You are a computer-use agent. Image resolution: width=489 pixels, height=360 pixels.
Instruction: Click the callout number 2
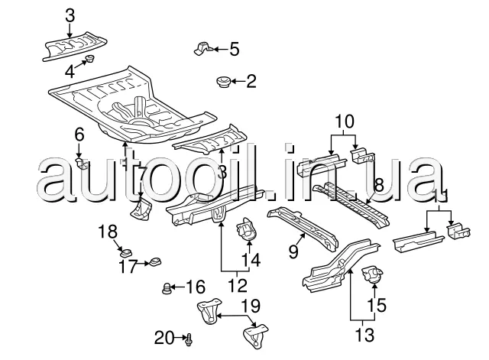[x=251, y=79]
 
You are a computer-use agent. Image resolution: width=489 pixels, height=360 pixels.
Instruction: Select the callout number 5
[x=234, y=50]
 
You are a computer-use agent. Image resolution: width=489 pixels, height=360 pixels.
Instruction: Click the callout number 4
[x=70, y=73]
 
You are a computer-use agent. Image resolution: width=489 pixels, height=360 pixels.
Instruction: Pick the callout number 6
[x=79, y=135]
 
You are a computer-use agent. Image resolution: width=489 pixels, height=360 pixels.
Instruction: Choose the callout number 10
[x=345, y=120]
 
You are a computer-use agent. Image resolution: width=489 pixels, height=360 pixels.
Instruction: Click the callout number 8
[x=377, y=185]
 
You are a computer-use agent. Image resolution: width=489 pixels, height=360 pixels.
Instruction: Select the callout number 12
[x=238, y=286]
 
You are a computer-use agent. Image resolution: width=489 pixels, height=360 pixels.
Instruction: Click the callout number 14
[x=251, y=260]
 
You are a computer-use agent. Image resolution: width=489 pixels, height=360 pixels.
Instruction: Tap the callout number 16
[x=196, y=287]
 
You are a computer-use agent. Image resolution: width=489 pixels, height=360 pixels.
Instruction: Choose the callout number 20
[x=164, y=337]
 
